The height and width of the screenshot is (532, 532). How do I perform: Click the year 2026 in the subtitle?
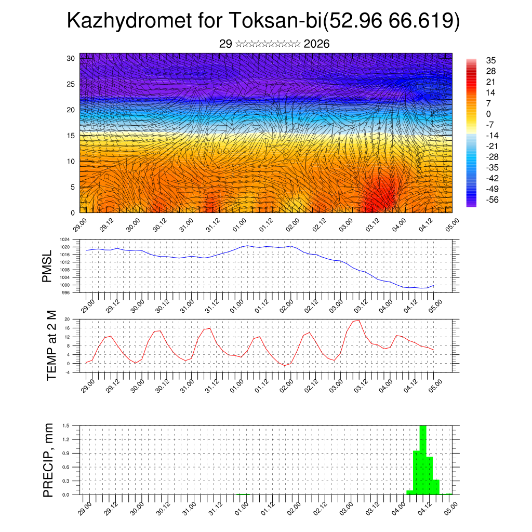point(316,44)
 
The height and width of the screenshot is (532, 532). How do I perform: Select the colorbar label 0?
point(488,114)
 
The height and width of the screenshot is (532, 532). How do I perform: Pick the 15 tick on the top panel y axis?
point(71,136)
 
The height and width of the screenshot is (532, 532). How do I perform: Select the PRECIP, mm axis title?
point(48,460)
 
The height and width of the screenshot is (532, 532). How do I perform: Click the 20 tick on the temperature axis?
point(67,319)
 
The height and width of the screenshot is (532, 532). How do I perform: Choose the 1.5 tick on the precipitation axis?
point(66,425)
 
